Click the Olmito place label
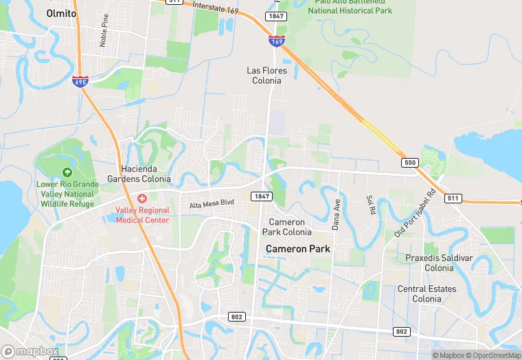(x=60, y=13)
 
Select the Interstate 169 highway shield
(x=277, y=41)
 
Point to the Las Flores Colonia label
(x=264, y=75)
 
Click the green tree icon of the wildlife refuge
(x=67, y=172)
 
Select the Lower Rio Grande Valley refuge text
(x=67, y=194)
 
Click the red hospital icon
(x=142, y=198)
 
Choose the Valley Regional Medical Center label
(x=142, y=214)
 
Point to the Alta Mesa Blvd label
(x=212, y=205)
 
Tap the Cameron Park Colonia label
(x=290, y=227)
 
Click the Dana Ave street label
(x=337, y=214)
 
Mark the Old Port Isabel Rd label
(x=416, y=212)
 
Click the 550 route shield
(x=410, y=162)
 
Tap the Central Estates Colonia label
(x=427, y=293)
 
